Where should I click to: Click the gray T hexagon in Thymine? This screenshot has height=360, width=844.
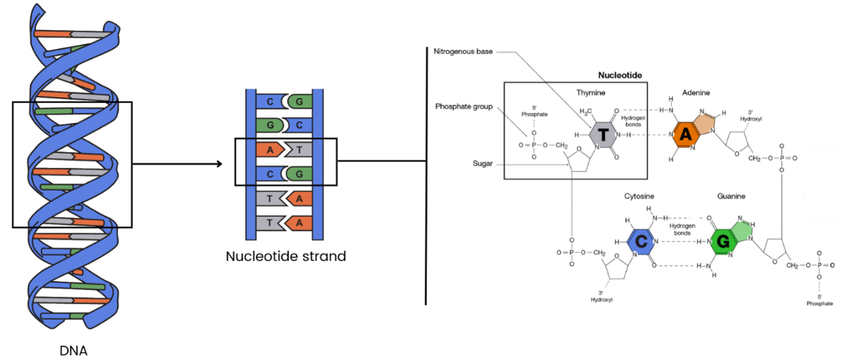602,134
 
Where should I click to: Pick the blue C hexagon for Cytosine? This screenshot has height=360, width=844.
640,241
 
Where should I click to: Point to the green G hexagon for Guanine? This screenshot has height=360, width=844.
722,241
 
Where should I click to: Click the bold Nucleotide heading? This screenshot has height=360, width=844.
620,76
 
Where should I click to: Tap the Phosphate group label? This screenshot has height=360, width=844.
464,107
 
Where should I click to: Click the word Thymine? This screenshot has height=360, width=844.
590,93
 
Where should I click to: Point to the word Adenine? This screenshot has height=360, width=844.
696,93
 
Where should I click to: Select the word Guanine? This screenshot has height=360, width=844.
731,196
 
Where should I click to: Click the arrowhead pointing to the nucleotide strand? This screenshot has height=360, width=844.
218,165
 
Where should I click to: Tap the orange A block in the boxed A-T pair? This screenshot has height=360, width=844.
271,149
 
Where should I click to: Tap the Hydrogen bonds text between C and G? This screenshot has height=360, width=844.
681,229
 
